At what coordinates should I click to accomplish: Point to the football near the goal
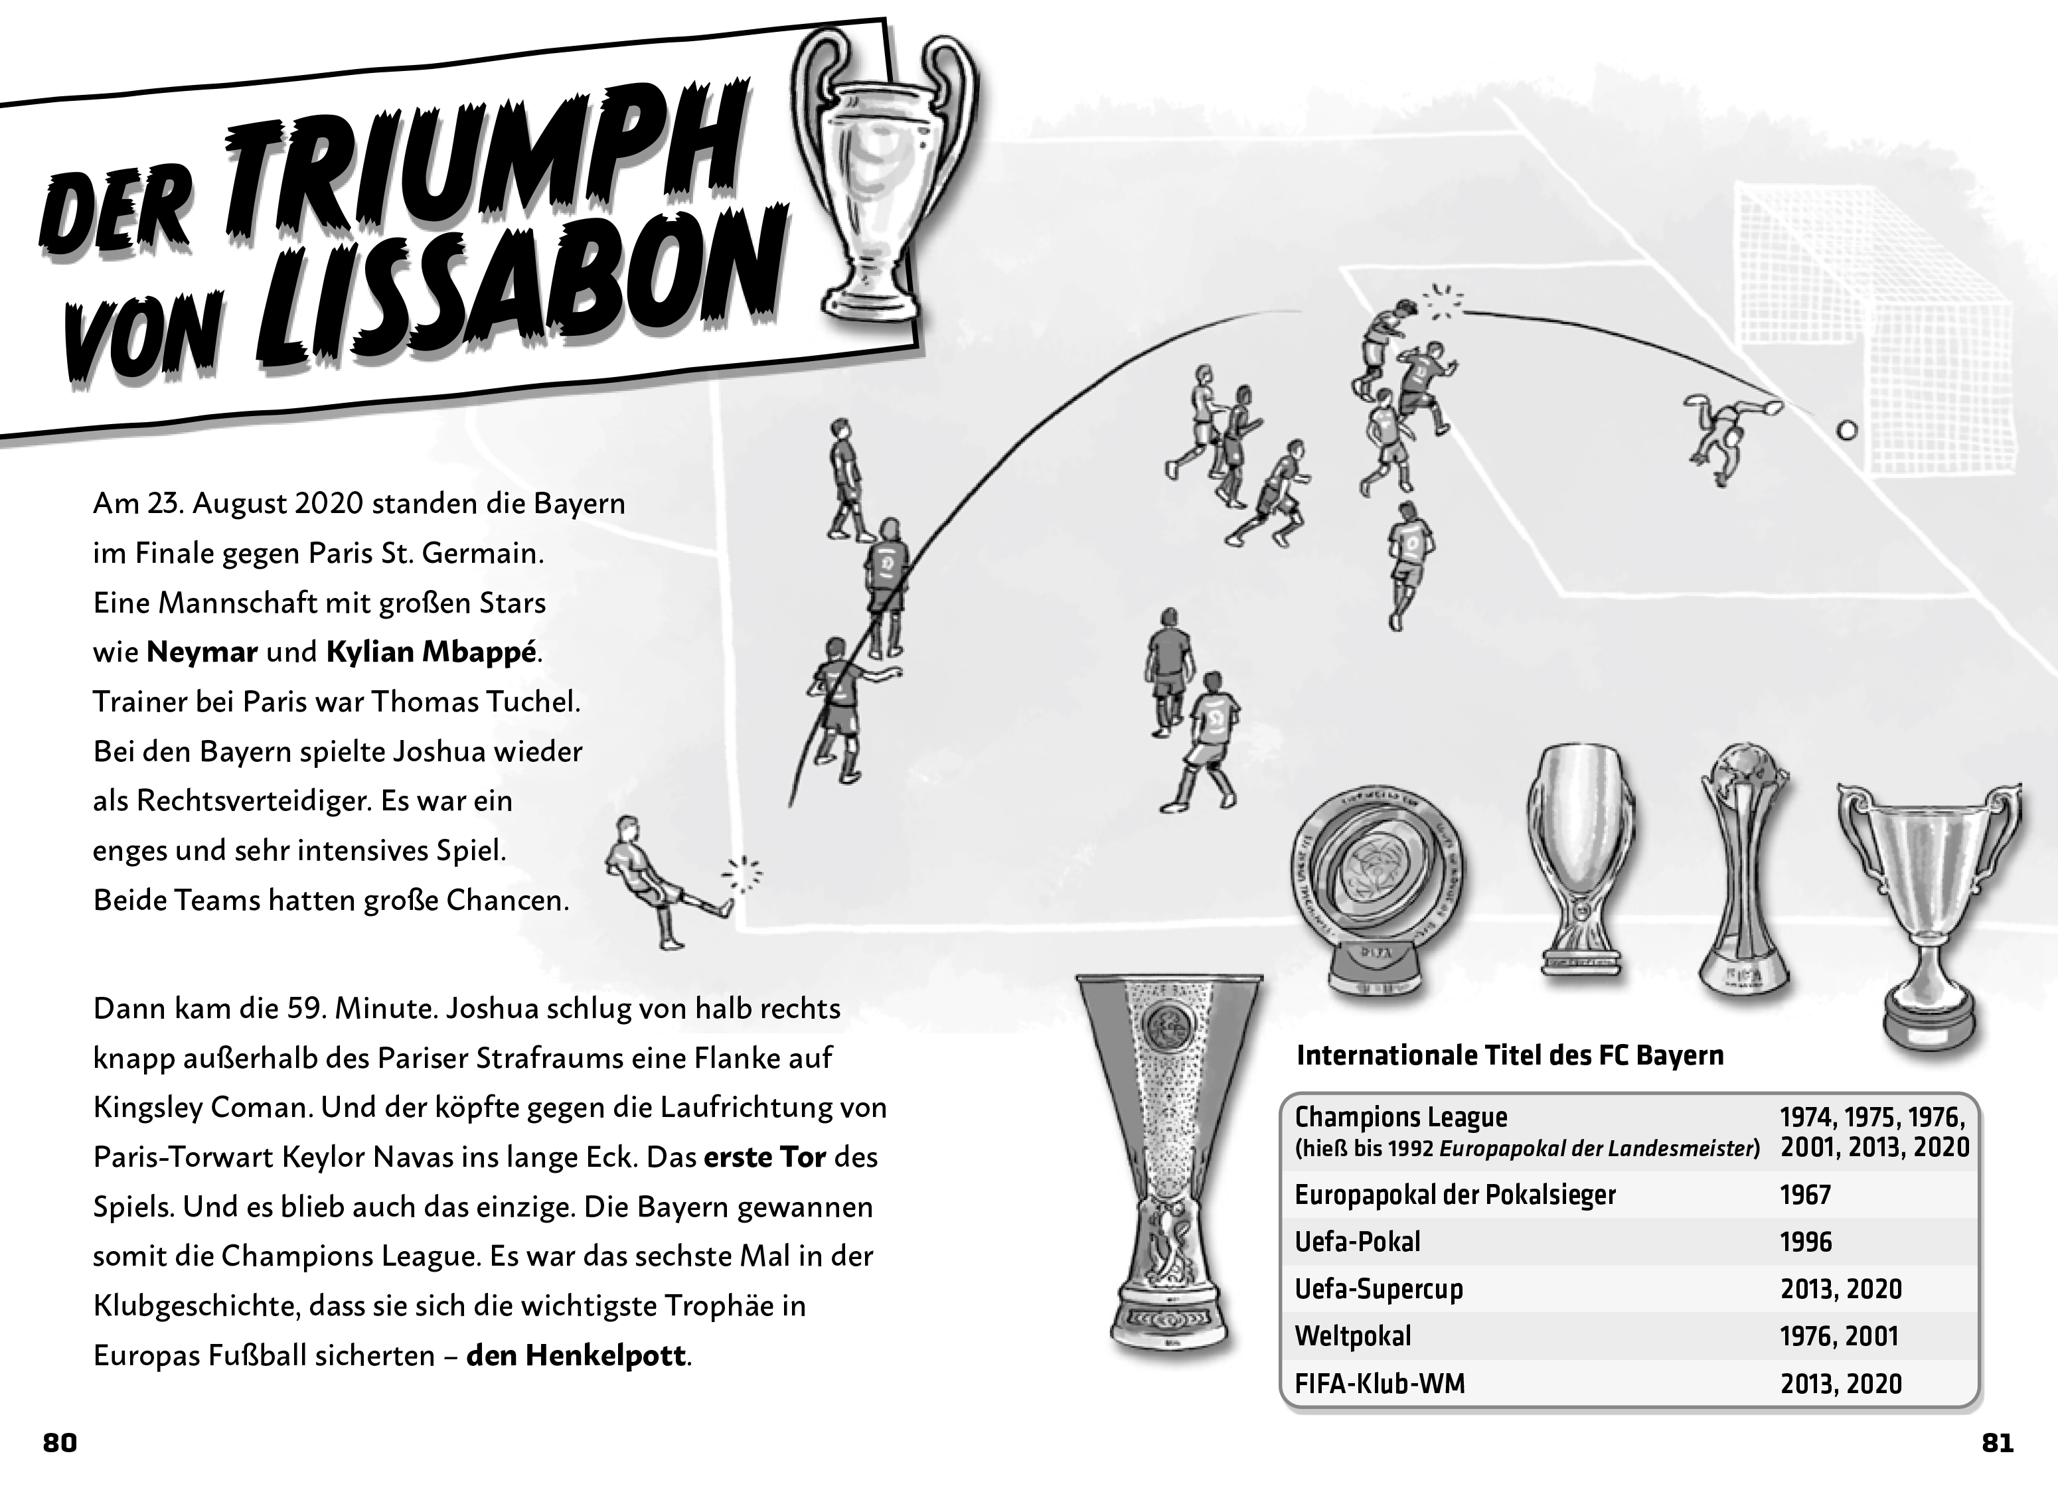[1846, 430]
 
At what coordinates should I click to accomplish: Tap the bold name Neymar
[202, 652]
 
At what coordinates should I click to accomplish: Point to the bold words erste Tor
[765, 1158]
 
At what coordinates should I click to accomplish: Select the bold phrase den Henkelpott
[576, 1356]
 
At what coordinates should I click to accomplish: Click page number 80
[60, 1443]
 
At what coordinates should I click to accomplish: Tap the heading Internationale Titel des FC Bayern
[1510, 1055]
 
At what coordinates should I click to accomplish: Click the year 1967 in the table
[1805, 1195]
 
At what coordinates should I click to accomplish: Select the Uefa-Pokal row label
[1358, 1241]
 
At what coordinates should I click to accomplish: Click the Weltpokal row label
[1353, 1336]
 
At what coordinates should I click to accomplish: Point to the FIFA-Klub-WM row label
[1380, 1384]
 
